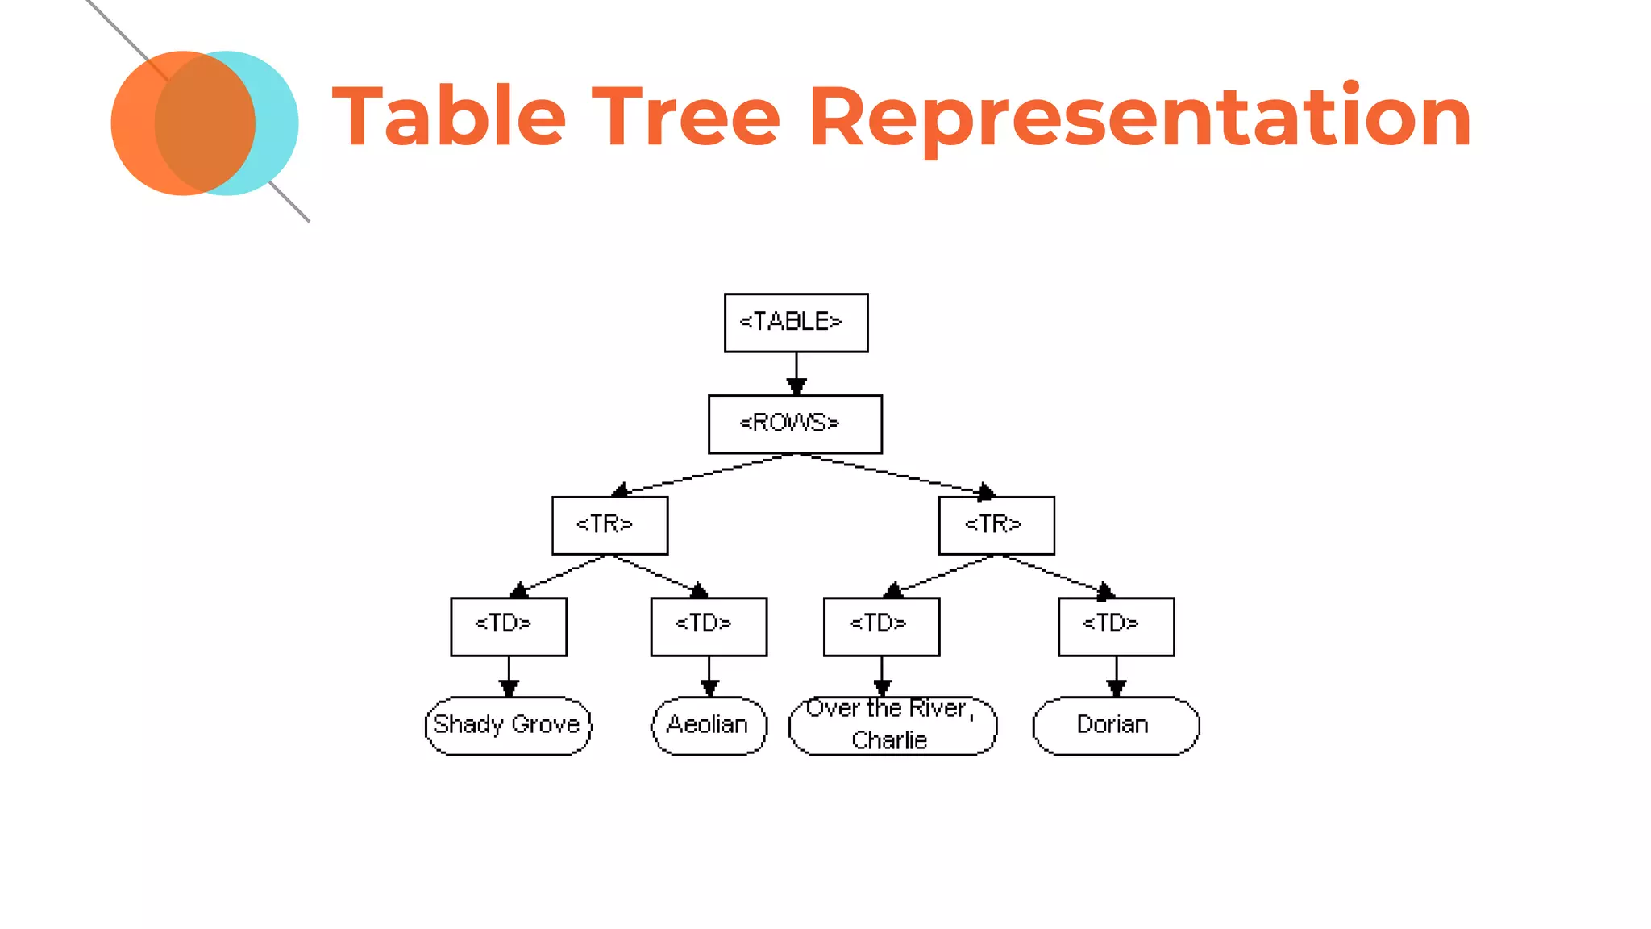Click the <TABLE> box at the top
click(796, 323)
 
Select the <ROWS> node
click(795, 424)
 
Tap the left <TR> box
click(609, 526)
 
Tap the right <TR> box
click(996, 526)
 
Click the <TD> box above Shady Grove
click(509, 627)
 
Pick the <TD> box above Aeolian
click(709, 627)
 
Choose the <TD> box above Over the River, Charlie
click(881, 627)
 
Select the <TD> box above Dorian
click(1116, 627)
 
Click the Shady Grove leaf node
click(508, 726)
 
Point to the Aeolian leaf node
click(709, 726)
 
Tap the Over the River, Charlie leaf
click(892, 726)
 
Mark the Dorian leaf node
click(1116, 726)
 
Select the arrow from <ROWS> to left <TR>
click(701, 474)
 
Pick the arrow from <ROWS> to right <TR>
click(895, 473)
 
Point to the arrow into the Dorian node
click(1116, 677)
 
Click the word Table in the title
click(449, 117)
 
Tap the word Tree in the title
click(686, 117)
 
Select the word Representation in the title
click(1139, 117)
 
